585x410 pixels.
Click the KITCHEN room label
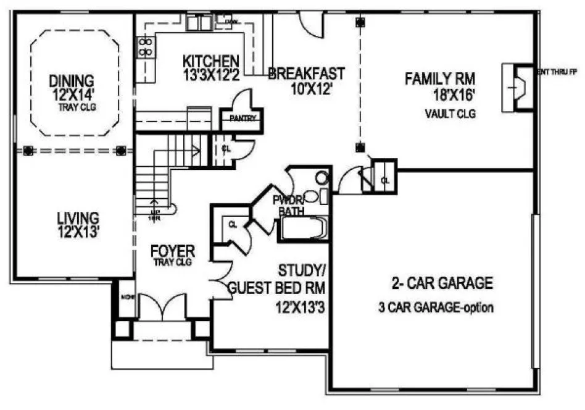click(x=211, y=61)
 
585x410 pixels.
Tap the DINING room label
click(x=72, y=80)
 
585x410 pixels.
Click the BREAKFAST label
click(x=306, y=73)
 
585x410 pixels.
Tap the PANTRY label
click(x=243, y=118)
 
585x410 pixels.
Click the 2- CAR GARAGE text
click(x=442, y=283)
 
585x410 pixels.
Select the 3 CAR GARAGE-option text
click(x=436, y=307)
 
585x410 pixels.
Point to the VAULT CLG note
click(x=450, y=114)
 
